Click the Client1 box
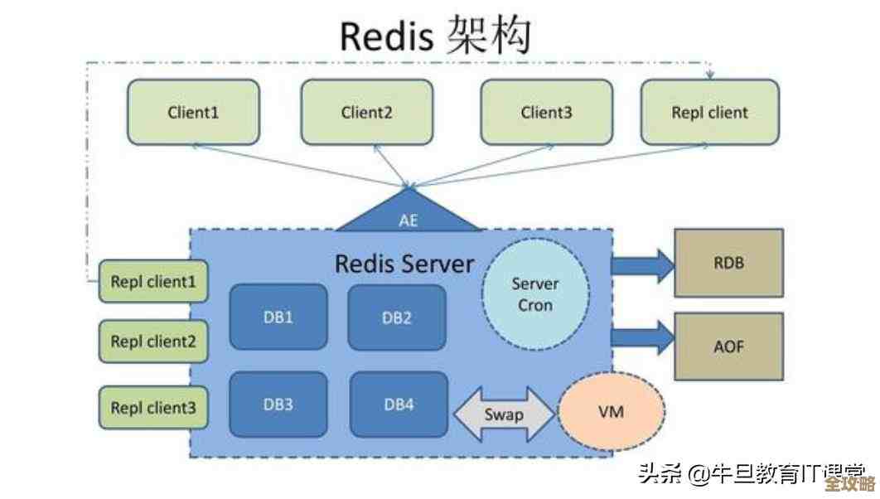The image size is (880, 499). (192, 112)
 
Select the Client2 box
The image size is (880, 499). (366, 112)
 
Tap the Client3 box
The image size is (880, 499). (546, 112)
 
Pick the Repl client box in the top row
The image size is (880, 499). (709, 112)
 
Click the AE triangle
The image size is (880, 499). (409, 216)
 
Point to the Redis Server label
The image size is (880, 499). (404, 264)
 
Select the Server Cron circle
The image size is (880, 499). (535, 294)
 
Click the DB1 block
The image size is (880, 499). (278, 317)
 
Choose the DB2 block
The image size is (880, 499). (397, 317)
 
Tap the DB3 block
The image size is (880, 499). (278, 405)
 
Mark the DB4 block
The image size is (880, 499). (398, 405)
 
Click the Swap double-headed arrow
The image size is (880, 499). (504, 414)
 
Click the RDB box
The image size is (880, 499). (728, 264)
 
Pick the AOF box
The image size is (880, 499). (728, 347)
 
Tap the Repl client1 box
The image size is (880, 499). (153, 282)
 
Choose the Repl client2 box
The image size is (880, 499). (153, 341)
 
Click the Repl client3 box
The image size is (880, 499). (153, 407)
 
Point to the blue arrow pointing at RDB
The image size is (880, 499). (643, 264)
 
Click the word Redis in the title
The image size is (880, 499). (387, 36)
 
